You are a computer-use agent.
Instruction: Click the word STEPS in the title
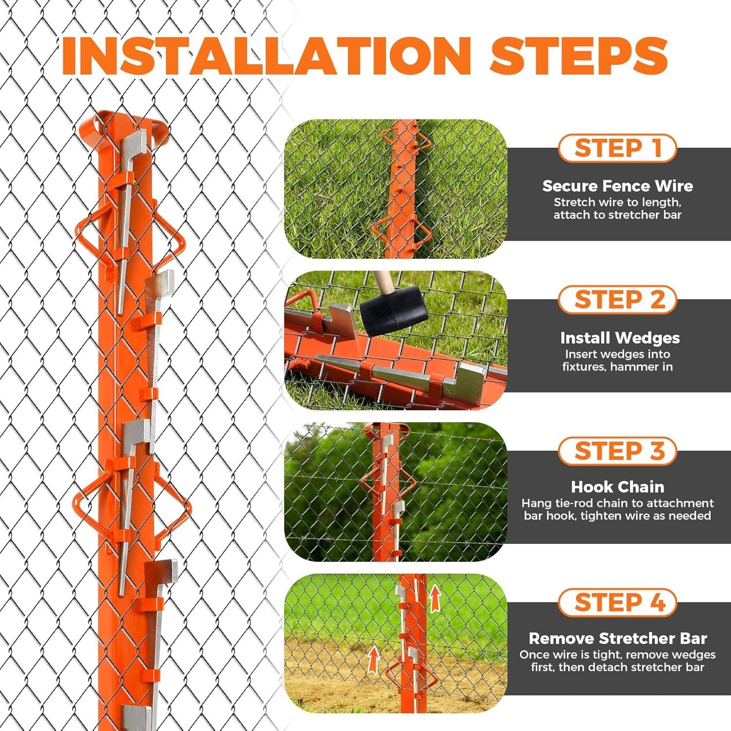click(x=579, y=56)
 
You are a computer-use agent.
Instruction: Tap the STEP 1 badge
click(x=617, y=148)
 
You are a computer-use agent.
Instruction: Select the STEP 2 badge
click(x=617, y=299)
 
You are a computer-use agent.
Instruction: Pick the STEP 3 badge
click(x=617, y=451)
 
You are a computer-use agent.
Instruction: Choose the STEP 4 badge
click(x=617, y=602)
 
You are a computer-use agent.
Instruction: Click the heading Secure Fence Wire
click(x=617, y=186)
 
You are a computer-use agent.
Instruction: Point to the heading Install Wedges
click(x=620, y=338)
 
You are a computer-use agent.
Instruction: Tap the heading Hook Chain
click(x=617, y=487)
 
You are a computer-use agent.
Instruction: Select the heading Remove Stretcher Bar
click(x=617, y=638)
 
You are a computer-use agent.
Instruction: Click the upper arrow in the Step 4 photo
click(x=434, y=598)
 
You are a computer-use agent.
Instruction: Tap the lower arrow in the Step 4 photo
click(x=373, y=659)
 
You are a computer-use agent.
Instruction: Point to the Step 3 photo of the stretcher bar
click(x=396, y=492)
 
